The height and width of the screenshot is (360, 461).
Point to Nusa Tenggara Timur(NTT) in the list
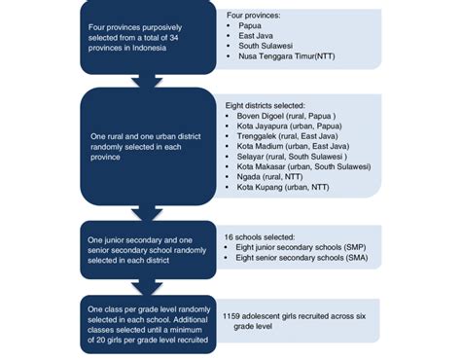click(287, 57)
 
